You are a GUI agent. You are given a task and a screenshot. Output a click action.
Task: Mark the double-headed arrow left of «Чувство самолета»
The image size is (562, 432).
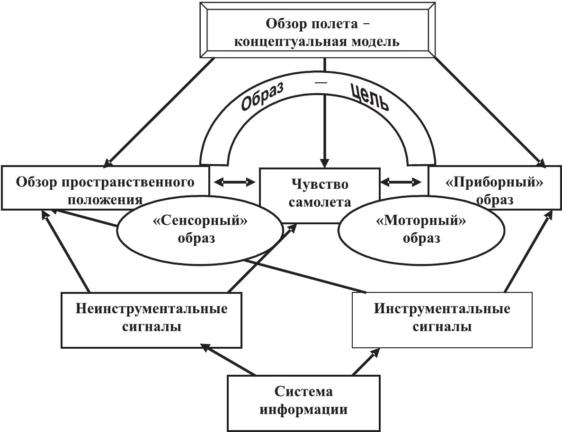(x=234, y=182)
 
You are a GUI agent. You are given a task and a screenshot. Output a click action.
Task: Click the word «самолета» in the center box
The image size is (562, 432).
(x=321, y=203)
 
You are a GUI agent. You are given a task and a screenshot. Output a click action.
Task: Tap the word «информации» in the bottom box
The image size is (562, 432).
(x=303, y=409)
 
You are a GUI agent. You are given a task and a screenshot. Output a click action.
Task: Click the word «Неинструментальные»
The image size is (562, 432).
(x=152, y=309)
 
